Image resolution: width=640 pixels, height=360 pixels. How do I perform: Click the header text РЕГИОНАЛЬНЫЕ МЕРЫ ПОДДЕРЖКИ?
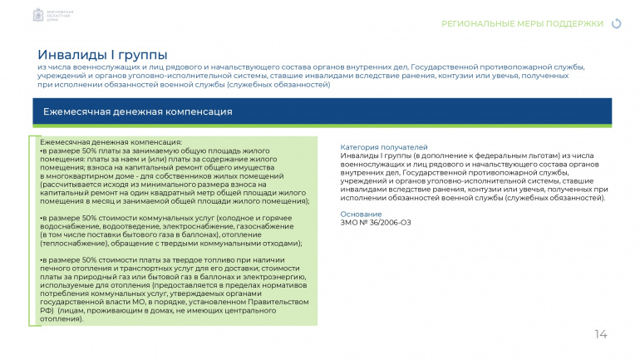(522, 23)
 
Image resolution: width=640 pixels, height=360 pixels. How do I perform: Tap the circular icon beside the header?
(616, 23)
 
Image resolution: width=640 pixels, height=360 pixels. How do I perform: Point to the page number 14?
(601, 334)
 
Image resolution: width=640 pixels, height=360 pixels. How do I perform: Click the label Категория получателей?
(384, 147)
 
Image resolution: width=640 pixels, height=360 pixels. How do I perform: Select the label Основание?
(361, 214)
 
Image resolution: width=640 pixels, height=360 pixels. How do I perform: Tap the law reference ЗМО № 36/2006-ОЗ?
(376, 222)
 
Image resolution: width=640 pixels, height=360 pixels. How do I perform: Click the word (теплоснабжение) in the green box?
(72, 244)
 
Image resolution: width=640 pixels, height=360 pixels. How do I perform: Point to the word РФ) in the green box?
(47, 311)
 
